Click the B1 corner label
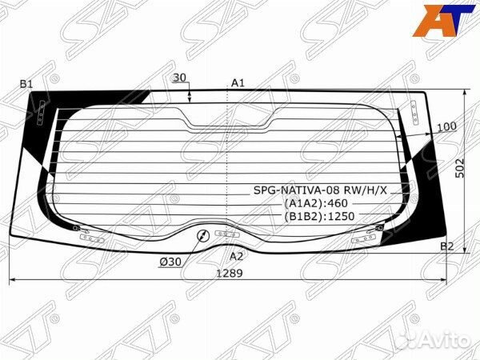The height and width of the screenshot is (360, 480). point(26,84)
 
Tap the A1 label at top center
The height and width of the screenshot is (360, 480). point(238,83)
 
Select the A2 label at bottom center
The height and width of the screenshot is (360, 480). point(236,256)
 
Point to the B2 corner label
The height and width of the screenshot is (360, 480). point(446,246)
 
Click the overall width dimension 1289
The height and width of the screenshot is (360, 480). point(230,273)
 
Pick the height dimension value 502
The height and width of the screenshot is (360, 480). point(460,168)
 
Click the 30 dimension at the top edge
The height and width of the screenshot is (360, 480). point(179,78)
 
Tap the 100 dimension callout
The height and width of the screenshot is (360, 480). point(446,126)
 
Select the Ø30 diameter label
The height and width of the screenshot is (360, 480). point(170,262)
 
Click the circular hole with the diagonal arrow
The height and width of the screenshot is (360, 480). point(202,235)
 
